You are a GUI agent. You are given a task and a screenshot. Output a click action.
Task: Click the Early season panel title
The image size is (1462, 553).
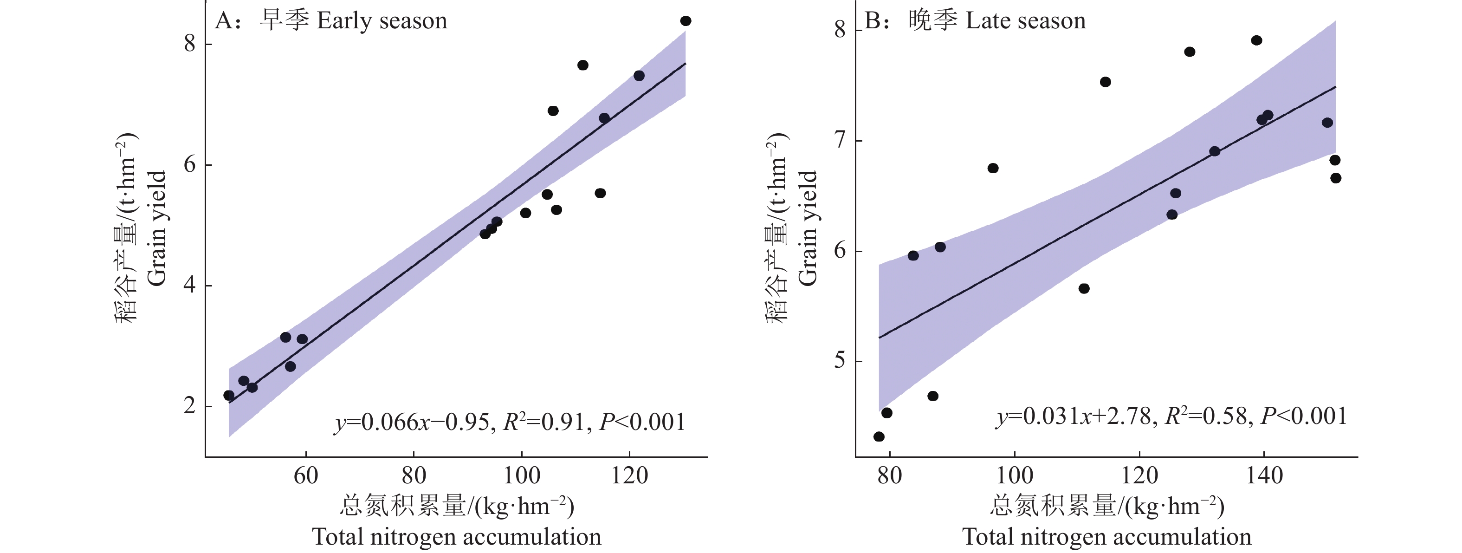(x=331, y=21)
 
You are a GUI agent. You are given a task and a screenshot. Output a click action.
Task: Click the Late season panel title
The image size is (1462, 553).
(x=975, y=21)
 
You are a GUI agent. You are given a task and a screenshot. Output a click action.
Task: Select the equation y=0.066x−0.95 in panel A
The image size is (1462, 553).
(x=412, y=423)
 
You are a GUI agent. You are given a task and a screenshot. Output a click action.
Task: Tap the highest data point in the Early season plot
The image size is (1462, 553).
(x=686, y=21)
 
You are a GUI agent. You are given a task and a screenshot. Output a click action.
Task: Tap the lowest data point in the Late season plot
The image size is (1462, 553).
(x=879, y=436)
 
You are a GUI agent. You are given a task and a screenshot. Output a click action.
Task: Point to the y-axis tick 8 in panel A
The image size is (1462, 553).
(x=190, y=44)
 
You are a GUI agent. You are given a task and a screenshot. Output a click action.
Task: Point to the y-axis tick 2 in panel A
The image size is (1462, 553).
(x=190, y=406)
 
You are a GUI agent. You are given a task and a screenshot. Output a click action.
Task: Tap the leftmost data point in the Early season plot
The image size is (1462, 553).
(x=229, y=395)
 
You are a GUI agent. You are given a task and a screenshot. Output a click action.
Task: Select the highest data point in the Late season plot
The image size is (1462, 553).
(x=1256, y=40)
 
